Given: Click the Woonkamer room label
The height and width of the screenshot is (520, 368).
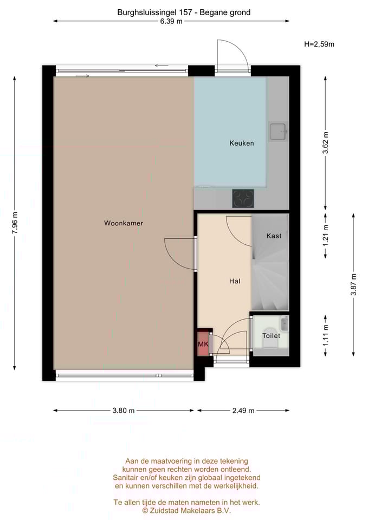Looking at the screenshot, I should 124,223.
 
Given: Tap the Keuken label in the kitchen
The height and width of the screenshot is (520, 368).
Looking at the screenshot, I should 241,143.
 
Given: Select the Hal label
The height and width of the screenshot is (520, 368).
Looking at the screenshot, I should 235,281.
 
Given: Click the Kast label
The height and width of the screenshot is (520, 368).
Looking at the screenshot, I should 274,236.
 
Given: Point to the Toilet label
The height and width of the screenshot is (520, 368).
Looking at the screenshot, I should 271,336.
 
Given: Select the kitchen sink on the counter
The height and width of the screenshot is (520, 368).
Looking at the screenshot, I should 279,130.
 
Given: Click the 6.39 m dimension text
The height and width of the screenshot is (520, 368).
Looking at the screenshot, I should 171,22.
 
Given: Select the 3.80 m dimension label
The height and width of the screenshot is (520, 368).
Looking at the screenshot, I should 124,410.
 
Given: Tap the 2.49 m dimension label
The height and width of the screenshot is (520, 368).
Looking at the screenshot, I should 243,410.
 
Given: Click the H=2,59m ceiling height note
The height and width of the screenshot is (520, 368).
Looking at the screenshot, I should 319,44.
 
